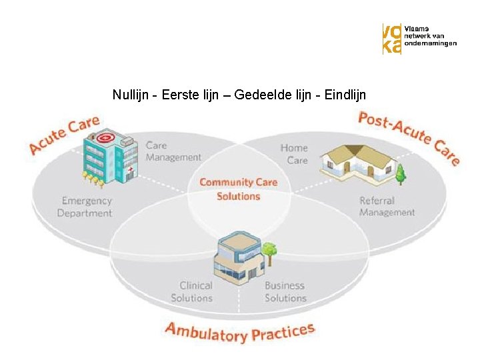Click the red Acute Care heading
pyautogui.click(x=64, y=135)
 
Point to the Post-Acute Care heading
pyautogui.click(x=408, y=137)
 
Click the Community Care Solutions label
pyautogui.click(x=238, y=189)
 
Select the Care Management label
pyautogui.click(x=173, y=151)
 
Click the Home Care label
pyautogui.click(x=294, y=154)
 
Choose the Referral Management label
pyautogui.click(x=387, y=206)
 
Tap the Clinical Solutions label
pyautogui.click(x=191, y=291)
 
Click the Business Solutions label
pyautogui.click(x=285, y=291)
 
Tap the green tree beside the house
pyautogui.click(x=401, y=174)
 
